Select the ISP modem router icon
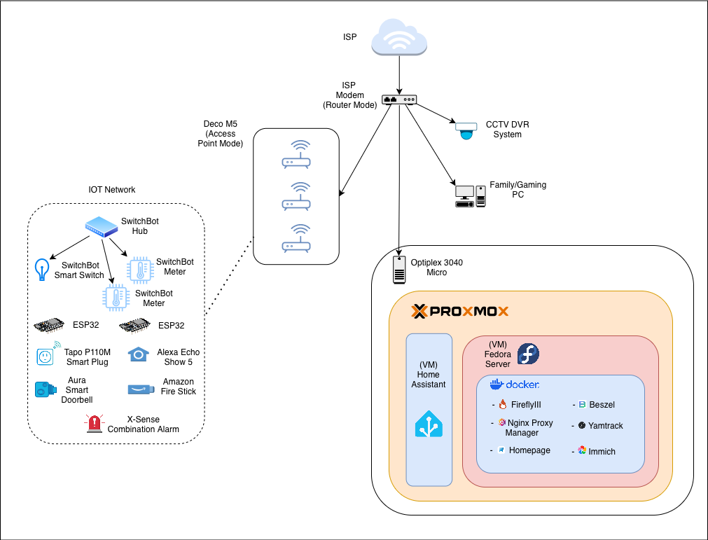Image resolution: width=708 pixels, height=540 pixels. tap(399, 99)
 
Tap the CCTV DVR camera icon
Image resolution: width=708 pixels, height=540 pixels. tap(466, 130)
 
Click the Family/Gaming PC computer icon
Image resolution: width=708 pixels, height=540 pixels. tap(470, 196)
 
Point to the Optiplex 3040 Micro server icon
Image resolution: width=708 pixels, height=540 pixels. tap(399, 270)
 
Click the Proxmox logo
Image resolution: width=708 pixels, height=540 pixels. tap(459, 312)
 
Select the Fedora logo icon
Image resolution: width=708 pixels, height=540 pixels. tap(528, 354)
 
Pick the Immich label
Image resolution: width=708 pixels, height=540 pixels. tap(602, 452)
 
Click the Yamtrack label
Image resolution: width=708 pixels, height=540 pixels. tap(605, 426)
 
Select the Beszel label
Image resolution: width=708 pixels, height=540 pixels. tap(602, 405)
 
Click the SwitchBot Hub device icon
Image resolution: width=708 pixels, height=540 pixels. tap(102, 226)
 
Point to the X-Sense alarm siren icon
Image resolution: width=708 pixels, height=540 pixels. tap(94, 423)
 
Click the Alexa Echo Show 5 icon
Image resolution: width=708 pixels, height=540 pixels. tap(139, 355)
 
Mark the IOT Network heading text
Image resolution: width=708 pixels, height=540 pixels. tap(112, 190)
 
